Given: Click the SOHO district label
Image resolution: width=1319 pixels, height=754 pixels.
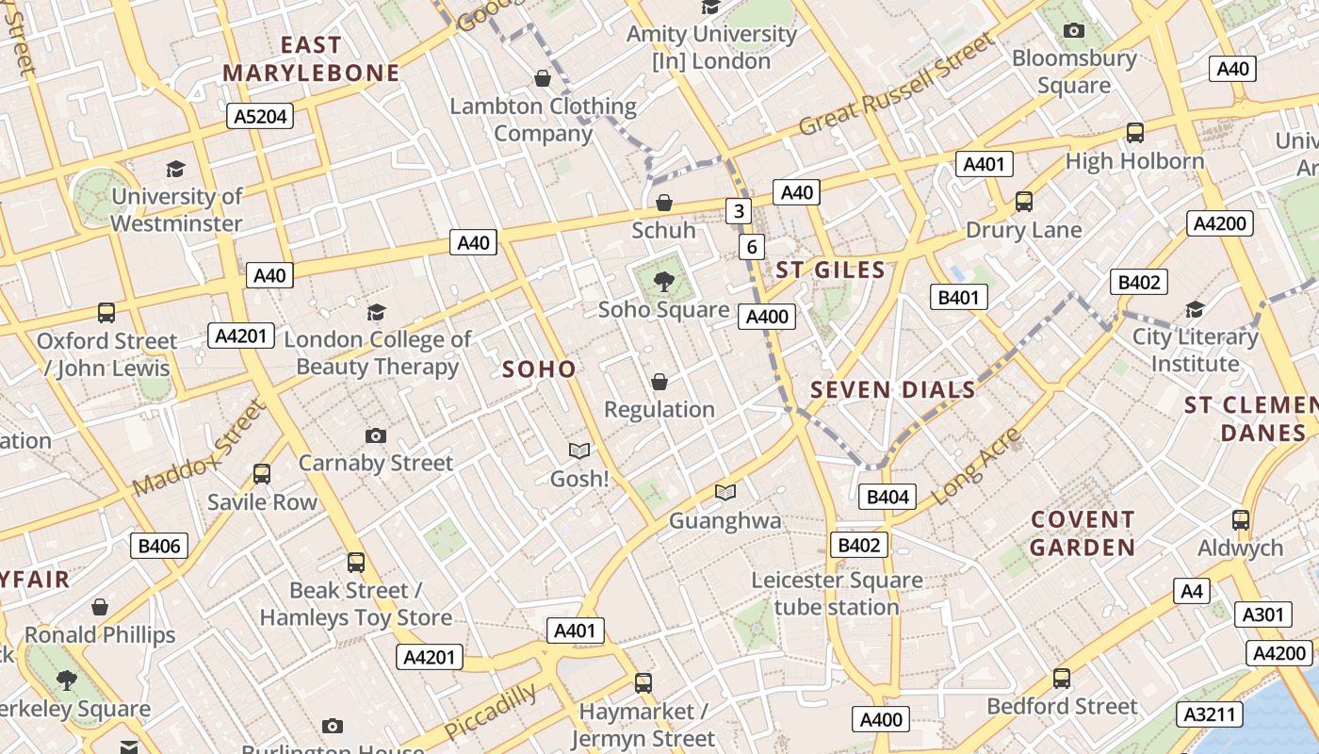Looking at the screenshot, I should pyautogui.click(x=539, y=369).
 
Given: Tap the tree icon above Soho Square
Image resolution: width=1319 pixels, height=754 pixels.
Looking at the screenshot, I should pyautogui.click(x=664, y=280).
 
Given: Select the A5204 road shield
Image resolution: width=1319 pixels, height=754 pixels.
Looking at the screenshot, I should pyautogui.click(x=260, y=116).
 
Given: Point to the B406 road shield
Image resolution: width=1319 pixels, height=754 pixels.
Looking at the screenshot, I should pyautogui.click(x=158, y=545).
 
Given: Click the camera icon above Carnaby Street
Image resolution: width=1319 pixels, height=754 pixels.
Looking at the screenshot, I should pyautogui.click(x=376, y=435).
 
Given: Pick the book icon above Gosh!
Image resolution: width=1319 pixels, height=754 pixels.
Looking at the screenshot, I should pyautogui.click(x=579, y=451).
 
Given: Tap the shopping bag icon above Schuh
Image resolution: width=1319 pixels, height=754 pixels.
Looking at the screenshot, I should pyautogui.click(x=664, y=203).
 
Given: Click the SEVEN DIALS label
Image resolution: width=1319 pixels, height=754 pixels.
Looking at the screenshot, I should pyautogui.click(x=892, y=389).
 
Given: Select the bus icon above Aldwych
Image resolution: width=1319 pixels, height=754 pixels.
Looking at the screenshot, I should pyautogui.click(x=1241, y=520).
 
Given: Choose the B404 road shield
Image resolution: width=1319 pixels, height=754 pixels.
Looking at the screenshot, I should pyautogui.click(x=887, y=497).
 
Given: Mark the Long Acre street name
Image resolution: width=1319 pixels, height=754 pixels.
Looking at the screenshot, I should pyautogui.click(x=975, y=466).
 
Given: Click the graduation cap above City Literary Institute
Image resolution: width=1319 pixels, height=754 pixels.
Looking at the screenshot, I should pyautogui.click(x=1195, y=309).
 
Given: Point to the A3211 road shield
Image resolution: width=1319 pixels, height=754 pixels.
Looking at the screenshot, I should pyautogui.click(x=1209, y=714).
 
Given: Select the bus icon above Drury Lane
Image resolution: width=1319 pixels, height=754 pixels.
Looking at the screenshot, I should pyautogui.click(x=1024, y=202).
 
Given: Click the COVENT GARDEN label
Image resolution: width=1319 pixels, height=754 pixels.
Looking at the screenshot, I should pyautogui.click(x=1082, y=533).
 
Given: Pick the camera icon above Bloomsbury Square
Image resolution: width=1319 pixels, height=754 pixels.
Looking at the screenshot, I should pyautogui.click(x=1074, y=31).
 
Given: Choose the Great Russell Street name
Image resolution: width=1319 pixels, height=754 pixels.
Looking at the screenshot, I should pyautogui.click(x=896, y=85).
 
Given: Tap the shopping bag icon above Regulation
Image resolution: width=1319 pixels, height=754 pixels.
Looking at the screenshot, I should pyautogui.click(x=659, y=382).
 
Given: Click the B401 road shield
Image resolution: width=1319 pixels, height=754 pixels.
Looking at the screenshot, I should pyautogui.click(x=959, y=298).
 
